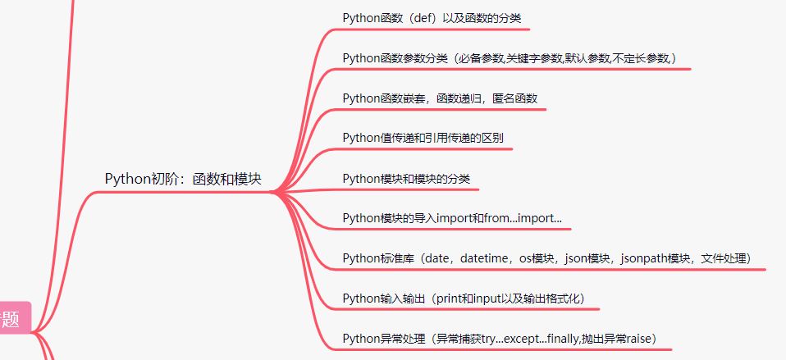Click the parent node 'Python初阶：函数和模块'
click(183, 179)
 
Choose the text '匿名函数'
click(514, 98)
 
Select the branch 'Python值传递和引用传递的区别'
click(423, 138)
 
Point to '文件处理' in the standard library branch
click(724, 258)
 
